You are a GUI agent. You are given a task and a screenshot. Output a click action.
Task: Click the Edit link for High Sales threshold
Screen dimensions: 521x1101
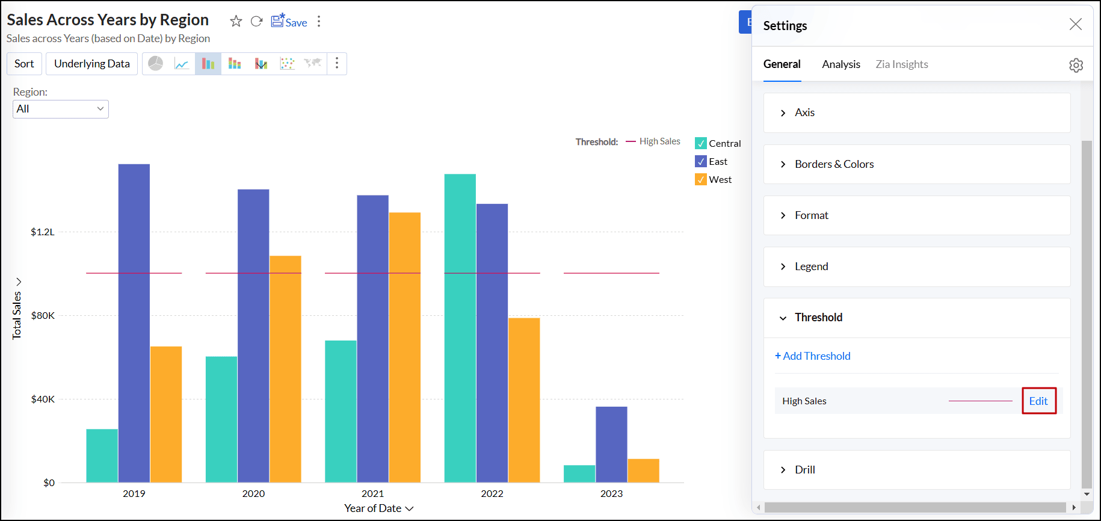pyautogui.click(x=1038, y=401)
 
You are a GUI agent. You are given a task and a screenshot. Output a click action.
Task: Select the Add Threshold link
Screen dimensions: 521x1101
pyautogui.click(x=813, y=356)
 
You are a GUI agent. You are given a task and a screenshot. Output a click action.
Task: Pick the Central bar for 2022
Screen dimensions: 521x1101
pyautogui.click(x=460, y=328)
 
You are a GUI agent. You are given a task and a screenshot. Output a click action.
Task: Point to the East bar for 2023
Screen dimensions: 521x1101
pyautogui.click(x=611, y=445)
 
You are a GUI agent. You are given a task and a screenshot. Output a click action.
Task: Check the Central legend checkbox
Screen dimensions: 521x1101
pyautogui.click(x=701, y=144)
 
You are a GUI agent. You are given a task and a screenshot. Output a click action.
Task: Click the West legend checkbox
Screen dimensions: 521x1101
pyautogui.click(x=701, y=180)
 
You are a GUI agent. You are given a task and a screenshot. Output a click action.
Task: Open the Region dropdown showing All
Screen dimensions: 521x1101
pyautogui.click(x=61, y=109)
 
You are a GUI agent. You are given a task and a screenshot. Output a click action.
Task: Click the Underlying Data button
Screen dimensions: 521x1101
pyautogui.click(x=92, y=64)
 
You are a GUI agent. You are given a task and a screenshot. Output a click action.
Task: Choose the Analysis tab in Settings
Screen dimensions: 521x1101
pyautogui.click(x=841, y=64)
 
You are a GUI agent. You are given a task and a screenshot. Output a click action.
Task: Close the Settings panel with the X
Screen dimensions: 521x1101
pyautogui.click(x=1075, y=24)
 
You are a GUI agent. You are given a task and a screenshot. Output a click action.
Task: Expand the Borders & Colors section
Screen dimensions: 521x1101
pyautogui.click(x=834, y=164)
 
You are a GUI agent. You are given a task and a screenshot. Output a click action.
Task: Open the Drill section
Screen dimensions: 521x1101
pyautogui.click(x=804, y=470)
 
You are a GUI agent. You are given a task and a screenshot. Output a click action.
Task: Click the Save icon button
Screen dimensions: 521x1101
pyautogui.click(x=289, y=22)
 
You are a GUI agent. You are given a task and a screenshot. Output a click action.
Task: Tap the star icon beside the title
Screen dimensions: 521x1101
pyautogui.click(x=236, y=22)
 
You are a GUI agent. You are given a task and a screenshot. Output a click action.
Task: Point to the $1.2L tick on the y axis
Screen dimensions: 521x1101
pyautogui.click(x=43, y=232)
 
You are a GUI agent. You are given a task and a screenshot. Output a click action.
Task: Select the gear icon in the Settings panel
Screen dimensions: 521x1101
pyautogui.click(x=1076, y=65)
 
